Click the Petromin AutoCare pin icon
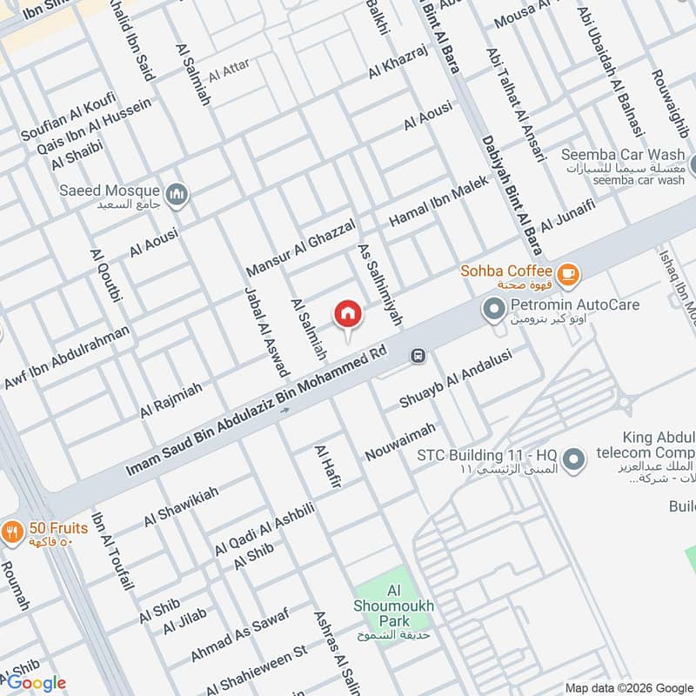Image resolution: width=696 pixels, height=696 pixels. (x=494, y=309)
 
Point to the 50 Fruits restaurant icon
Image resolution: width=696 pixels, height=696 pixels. (x=12, y=530)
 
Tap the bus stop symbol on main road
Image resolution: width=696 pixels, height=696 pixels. (x=419, y=355)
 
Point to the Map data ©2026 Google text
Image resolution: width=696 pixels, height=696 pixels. (x=626, y=686)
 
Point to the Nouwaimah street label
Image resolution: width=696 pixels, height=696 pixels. (x=399, y=442)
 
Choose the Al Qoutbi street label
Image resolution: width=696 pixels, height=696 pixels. (x=104, y=275)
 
